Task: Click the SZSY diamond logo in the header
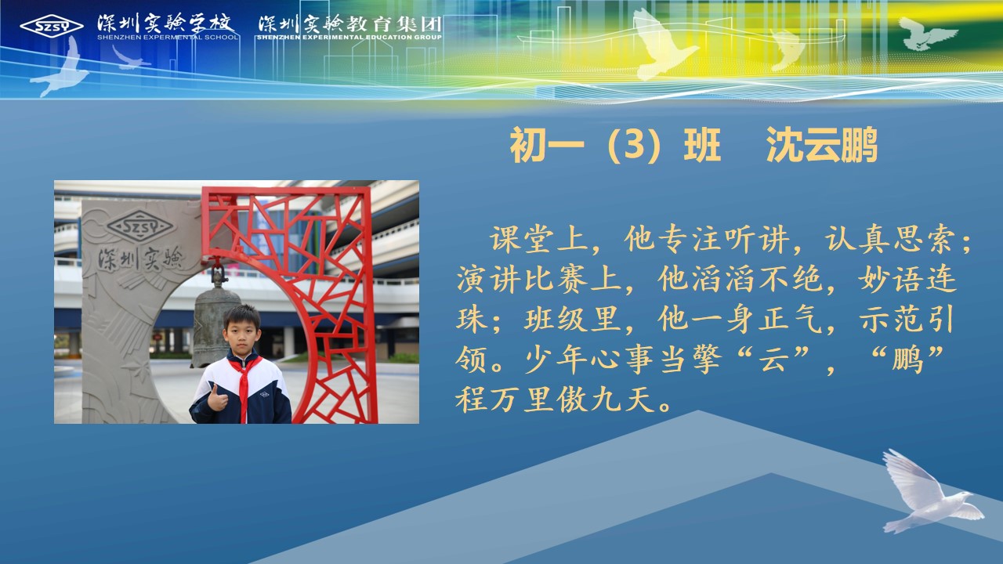click(x=52, y=27)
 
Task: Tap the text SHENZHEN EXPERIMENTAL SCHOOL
click(x=168, y=37)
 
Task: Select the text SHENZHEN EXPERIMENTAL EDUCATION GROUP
click(x=349, y=37)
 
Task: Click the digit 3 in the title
click(x=635, y=145)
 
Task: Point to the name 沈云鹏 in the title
click(x=822, y=145)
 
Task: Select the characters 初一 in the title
click(x=547, y=145)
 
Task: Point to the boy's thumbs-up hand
click(x=217, y=399)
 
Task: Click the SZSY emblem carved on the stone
click(x=139, y=227)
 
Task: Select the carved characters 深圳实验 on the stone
click(x=140, y=259)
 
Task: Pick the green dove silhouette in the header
click(x=927, y=34)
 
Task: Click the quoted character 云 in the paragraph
click(x=773, y=360)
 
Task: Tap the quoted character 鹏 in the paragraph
click(x=907, y=360)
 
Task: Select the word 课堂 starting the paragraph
click(x=522, y=239)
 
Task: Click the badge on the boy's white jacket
click(x=265, y=394)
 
